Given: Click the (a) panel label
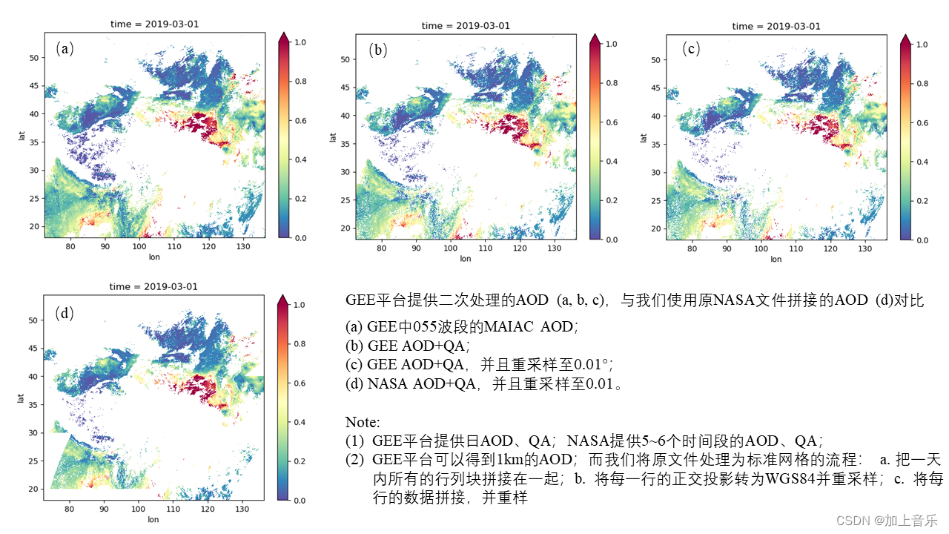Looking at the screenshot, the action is [x=65, y=49].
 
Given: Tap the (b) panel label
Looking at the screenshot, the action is [x=378, y=50].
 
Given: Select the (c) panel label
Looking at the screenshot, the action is [x=691, y=49].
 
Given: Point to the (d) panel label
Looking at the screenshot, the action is [x=65, y=313].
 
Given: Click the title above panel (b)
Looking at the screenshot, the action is [x=466, y=26].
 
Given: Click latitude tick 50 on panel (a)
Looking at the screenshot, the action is [x=34, y=58].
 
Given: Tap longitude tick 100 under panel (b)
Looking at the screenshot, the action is [x=450, y=248].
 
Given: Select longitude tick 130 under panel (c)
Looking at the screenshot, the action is [x=864, y=248].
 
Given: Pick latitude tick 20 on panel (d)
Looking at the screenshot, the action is [x=33, y=489].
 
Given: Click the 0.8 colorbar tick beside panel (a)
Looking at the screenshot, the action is [x=300, y=82].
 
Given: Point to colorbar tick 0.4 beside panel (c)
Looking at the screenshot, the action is [x=922, y=162].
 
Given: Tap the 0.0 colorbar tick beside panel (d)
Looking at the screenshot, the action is [x=300, y=501].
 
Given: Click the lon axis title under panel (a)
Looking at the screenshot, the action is [x=154, y=257].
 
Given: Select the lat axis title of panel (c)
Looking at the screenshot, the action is [x=644, y=138].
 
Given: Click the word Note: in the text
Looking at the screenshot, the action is [x=363, y=422].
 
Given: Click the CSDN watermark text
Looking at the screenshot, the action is [x=887, y=521].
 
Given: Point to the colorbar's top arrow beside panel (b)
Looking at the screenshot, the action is [x=595, y=39].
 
